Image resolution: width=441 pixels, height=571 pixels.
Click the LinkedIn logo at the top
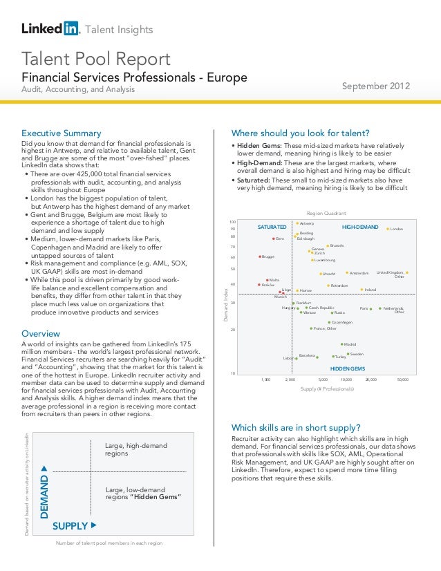tap(51, 28)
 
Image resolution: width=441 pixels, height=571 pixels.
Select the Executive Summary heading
tap(62, 133)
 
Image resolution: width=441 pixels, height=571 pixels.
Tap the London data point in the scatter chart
tap(388, 229)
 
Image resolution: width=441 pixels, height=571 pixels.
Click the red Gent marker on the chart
tap(273, 239)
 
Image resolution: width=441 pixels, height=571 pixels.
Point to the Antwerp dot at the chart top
tap(297, 223)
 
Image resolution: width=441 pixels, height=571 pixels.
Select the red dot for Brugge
tap(259, 256)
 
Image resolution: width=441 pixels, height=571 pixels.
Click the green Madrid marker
tap(341, 344)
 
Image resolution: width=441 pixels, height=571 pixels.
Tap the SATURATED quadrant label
tap(272, 227)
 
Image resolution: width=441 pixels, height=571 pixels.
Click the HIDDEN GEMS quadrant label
tap(347, 369)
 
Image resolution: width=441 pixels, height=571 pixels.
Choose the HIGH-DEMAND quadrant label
tap(360, 227)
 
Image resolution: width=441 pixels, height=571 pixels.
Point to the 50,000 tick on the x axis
tap(403, 380)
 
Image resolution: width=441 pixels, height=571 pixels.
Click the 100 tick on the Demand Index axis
tap(233, 222)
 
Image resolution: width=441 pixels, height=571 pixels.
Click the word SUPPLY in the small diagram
tap(70, 526)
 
